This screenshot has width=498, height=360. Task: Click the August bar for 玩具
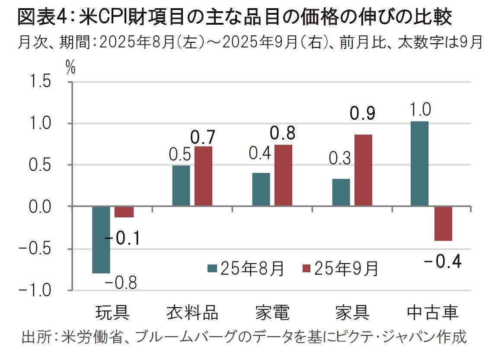[101, 240]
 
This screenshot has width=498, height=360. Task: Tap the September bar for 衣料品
[203, 176]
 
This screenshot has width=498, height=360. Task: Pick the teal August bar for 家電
[261, 189]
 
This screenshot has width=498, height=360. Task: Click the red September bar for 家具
[363, 170]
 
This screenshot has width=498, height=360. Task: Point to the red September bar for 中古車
[443, 223]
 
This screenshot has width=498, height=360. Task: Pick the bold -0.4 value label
[443, 261]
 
